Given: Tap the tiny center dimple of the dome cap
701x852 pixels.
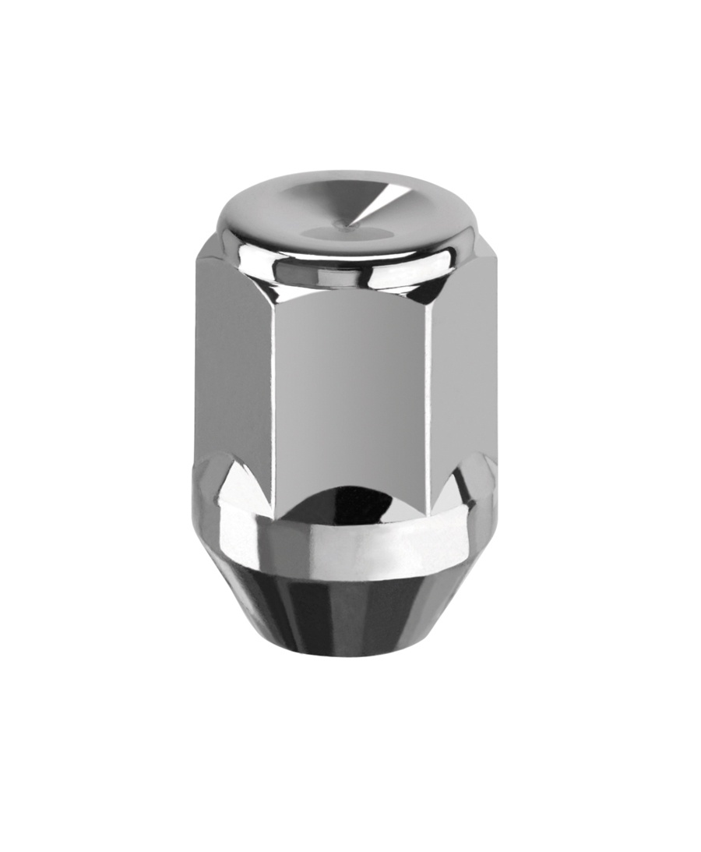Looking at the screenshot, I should [343, 225].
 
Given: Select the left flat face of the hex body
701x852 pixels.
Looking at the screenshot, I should [234, 366].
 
